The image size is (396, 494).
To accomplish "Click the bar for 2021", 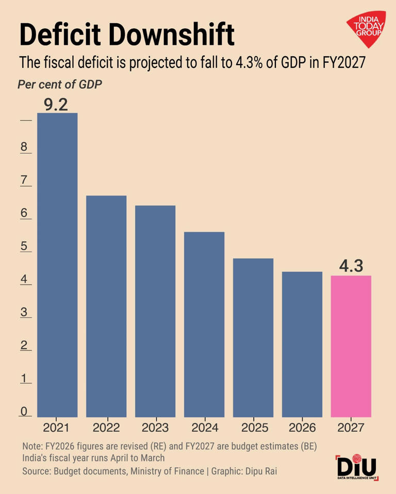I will pyautogui.click(x=57, y=264).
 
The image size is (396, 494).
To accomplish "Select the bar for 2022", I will pyautogui.click(x=106, y=306).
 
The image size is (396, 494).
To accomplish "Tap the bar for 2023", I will pyautogui.click(x=155, y=311).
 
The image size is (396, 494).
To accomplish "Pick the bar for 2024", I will pyautogui.click(x=204, y=324).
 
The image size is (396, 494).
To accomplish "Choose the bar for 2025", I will pyautogui.click(x=253, y=337).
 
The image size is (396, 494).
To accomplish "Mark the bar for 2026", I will pyautogui.click(x=302, y=344).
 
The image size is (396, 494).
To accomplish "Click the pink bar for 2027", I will pyautogui.click(x=351, y=346).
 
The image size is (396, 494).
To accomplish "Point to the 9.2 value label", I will pyautogui.click(x=56, y=104).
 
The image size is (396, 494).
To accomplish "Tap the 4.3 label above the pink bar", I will pyautogui.click(x=351, y=267).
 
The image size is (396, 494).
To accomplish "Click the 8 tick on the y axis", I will pyautogui.click(x=24, y=147).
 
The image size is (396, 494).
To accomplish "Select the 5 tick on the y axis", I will pyautogui.click(x=24, y=246).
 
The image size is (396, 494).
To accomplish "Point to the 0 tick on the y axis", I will pyautogui.click(x=24, y=411).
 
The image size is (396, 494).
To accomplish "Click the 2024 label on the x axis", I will pyautogui.click(x=204, y=428).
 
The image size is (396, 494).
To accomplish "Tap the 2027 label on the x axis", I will pyautogui.click(x=351, y=428).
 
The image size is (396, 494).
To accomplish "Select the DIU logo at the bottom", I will pyautogui.click(x=357, y=468).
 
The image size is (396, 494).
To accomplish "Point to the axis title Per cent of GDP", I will pyautogui.click(x=60, y=85).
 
